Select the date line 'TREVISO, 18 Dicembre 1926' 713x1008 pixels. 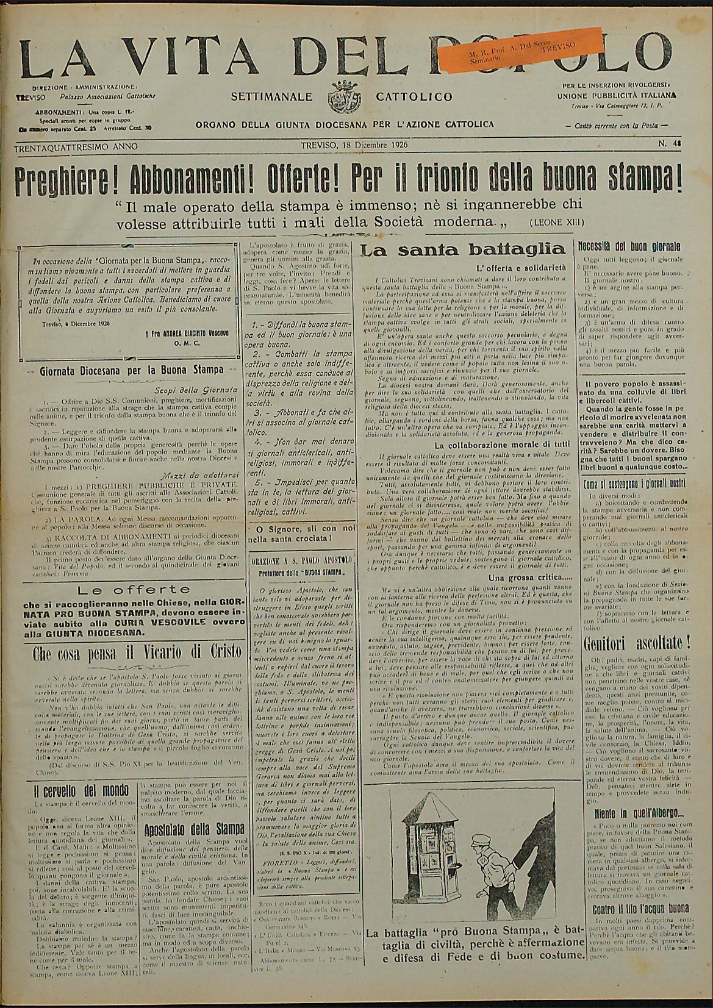pos(354,146)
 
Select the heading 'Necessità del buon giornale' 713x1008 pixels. pos(637,248)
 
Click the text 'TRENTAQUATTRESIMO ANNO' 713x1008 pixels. pos(77,146)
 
